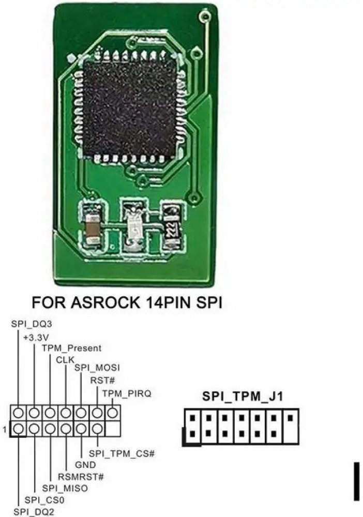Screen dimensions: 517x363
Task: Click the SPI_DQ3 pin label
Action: tap(32, 324)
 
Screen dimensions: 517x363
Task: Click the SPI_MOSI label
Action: tap(97, 368)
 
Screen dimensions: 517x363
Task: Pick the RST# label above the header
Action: tap(99, 381)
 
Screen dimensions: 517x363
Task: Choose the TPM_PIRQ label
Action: tap(127, 393)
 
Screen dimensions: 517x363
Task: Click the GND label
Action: tap(85, 464)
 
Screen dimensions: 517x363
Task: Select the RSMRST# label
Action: tap(80, 476)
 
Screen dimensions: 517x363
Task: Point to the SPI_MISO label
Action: tap(65, 488)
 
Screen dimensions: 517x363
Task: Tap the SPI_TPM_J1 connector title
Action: tap(241, 397)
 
